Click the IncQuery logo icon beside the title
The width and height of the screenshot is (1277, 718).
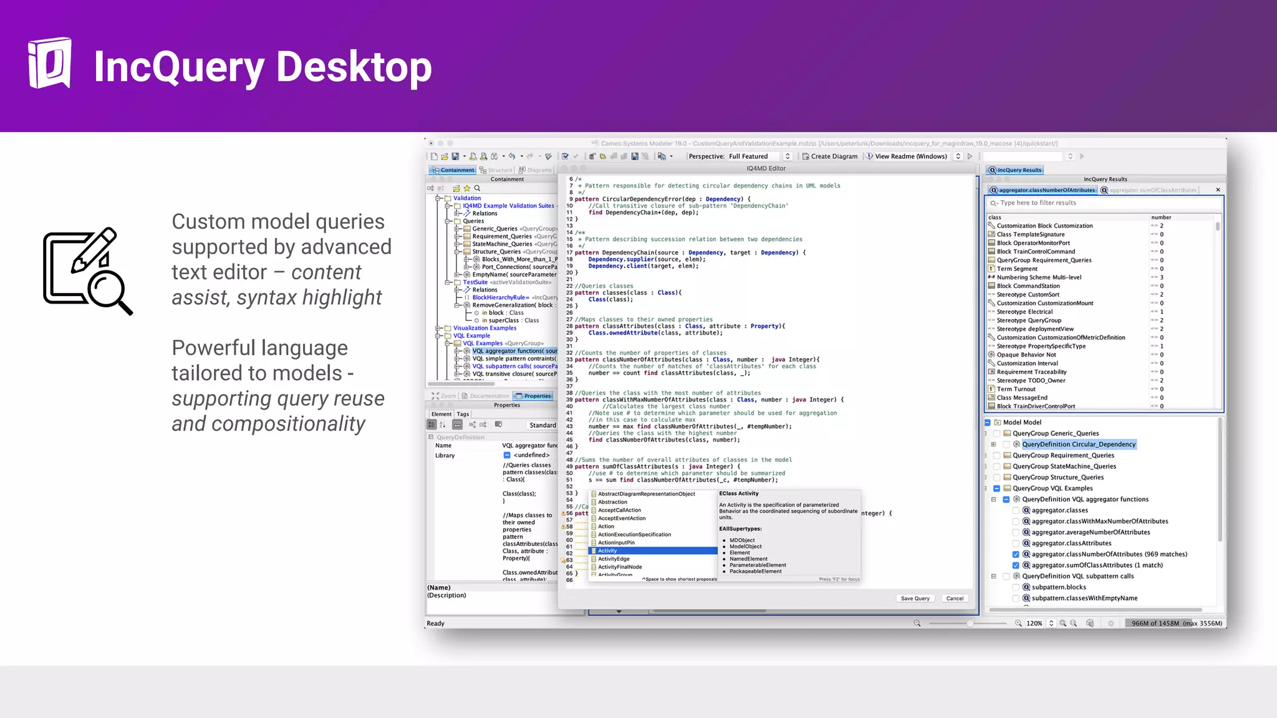[50, 63]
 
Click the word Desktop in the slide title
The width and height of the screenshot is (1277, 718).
[354, 67]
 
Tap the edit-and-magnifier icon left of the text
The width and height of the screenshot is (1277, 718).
[87, 270]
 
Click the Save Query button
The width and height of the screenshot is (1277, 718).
[915, 598]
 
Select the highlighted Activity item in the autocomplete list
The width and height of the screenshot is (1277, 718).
[652, 551]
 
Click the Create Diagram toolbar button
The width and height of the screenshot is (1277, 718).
[830, 156]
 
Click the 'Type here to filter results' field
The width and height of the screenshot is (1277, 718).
[1104, 203]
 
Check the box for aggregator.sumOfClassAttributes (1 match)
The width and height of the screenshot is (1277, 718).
[1016, 565]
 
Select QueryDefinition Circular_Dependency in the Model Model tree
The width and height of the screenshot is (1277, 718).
[1078, 444]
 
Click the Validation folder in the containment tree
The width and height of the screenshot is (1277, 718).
[466, 198]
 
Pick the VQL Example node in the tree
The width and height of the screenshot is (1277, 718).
[471, 336]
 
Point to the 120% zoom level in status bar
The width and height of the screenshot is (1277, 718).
[1034, 623]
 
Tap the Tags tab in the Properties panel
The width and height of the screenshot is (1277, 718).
[463, 414]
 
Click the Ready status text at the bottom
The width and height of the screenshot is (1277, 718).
[435, 623]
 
